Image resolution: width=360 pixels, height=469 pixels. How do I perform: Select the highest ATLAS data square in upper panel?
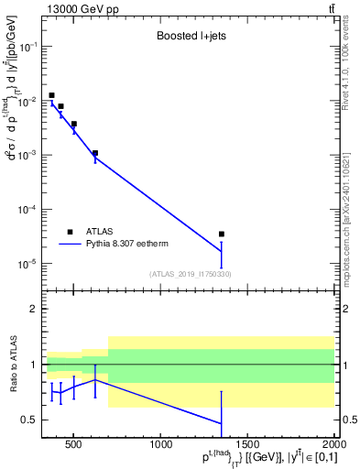point(52,95)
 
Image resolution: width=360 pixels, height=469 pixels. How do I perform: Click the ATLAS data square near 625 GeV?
point(95,153)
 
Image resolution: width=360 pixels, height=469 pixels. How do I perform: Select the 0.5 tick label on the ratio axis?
point(28,420)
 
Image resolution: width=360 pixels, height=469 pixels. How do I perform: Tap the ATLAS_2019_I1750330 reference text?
point(190,274)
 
